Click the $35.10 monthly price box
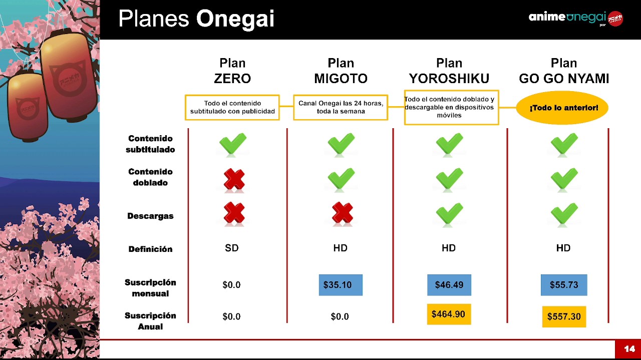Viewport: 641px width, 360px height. pos(341,285)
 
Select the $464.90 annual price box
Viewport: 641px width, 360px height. pos(449,314)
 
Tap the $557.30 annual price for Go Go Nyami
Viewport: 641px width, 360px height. pos(564,316)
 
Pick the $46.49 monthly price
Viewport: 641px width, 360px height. pos(449,285)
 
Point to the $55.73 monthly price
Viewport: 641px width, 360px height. pos(564,285)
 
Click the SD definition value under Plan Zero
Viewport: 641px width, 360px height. pos(232,248)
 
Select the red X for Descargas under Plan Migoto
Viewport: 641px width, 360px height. pos(343,213)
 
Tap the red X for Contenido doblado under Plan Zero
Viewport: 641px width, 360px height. pos(234,179)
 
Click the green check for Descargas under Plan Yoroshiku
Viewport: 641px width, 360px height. pos(449,213)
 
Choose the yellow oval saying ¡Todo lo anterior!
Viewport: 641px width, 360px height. pos(562,108)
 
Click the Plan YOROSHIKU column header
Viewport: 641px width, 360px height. pos(449,71)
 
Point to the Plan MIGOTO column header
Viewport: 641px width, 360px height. pos(341,71)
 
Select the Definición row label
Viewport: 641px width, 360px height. pos(151,249)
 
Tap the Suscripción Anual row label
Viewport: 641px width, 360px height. pos(150,321)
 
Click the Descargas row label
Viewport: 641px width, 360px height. pos(151,216)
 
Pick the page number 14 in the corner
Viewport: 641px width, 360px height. pos(629,349)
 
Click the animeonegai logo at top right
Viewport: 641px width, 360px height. pos(576,19)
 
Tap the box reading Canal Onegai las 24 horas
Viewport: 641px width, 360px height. pos(341,107)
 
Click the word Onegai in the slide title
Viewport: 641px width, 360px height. pos(235,19)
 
